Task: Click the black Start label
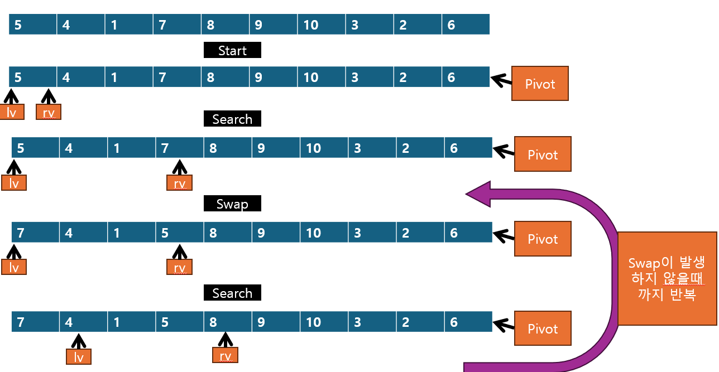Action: coord(232,51)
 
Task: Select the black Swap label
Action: coord(232,204)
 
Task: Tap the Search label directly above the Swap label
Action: coord(232,119)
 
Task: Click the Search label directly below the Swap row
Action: coord(232,293)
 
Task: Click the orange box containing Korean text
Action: coord(667,279)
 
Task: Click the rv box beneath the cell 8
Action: coord(225,355)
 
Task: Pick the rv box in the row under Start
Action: coord(49,113)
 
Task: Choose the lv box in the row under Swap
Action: coord(14,268)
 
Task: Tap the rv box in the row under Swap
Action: coord(179,268)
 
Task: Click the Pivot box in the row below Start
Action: coord(540,84)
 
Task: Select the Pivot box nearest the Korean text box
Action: coord(543,239)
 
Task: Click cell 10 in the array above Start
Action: coord(322,25)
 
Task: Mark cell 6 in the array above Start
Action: coord(466,25)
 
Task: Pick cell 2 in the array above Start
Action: coord(418,25)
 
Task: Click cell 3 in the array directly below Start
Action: coord(370,77)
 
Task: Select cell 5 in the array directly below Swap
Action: coord(180,233)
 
